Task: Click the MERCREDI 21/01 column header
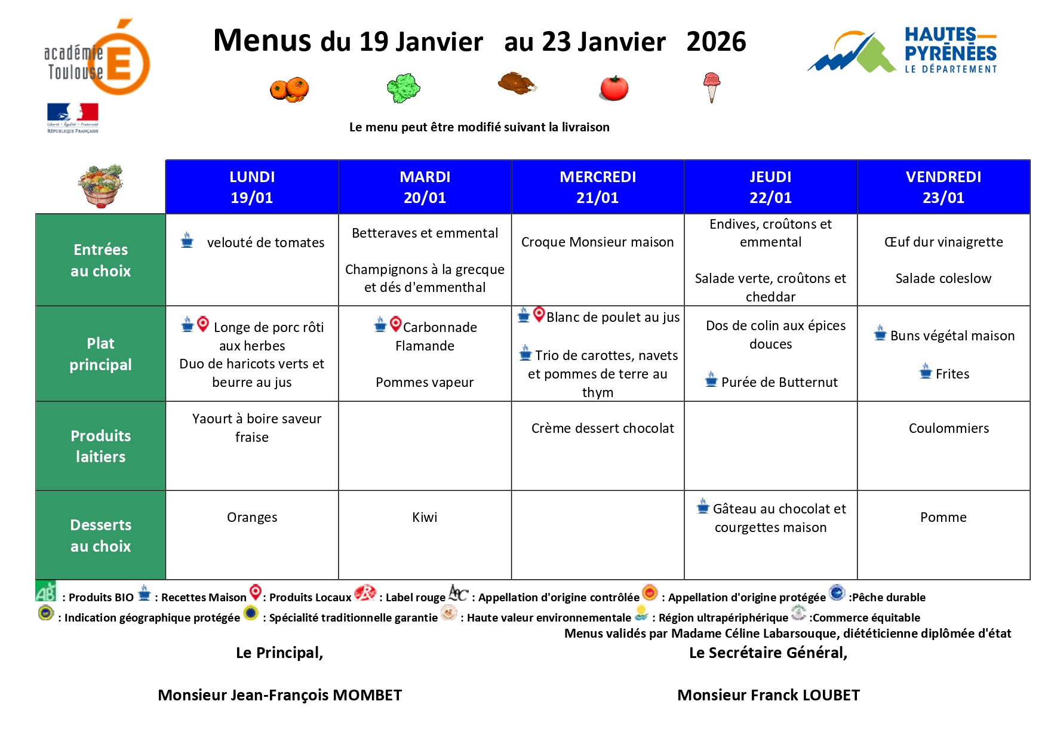[x=597, y=187]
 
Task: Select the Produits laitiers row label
[x=100, y=446]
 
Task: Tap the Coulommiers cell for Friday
[x=948, y=428]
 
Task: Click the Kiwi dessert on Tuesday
[x=425, y=517]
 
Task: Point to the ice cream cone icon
[x=711, y=87]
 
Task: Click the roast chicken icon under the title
[x=517, y=84]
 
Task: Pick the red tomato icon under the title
[x=614, y=88]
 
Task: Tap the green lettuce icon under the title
[x=404, y=88]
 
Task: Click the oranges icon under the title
[x=290, y=90]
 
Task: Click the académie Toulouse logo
[x=97, y=58]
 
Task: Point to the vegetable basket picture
[x=100, y=186]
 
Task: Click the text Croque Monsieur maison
[x=597, y=242]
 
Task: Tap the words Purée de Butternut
[x=779, y=382]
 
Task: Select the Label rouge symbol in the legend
[x=365, y=593]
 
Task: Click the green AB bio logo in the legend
[x=45, y=591]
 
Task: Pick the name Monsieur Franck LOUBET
[x=769, y=695]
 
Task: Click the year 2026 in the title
[x=716, y=42]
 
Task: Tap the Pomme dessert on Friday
[x=943, y=517]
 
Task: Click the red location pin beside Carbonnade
[x=395, y=324]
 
